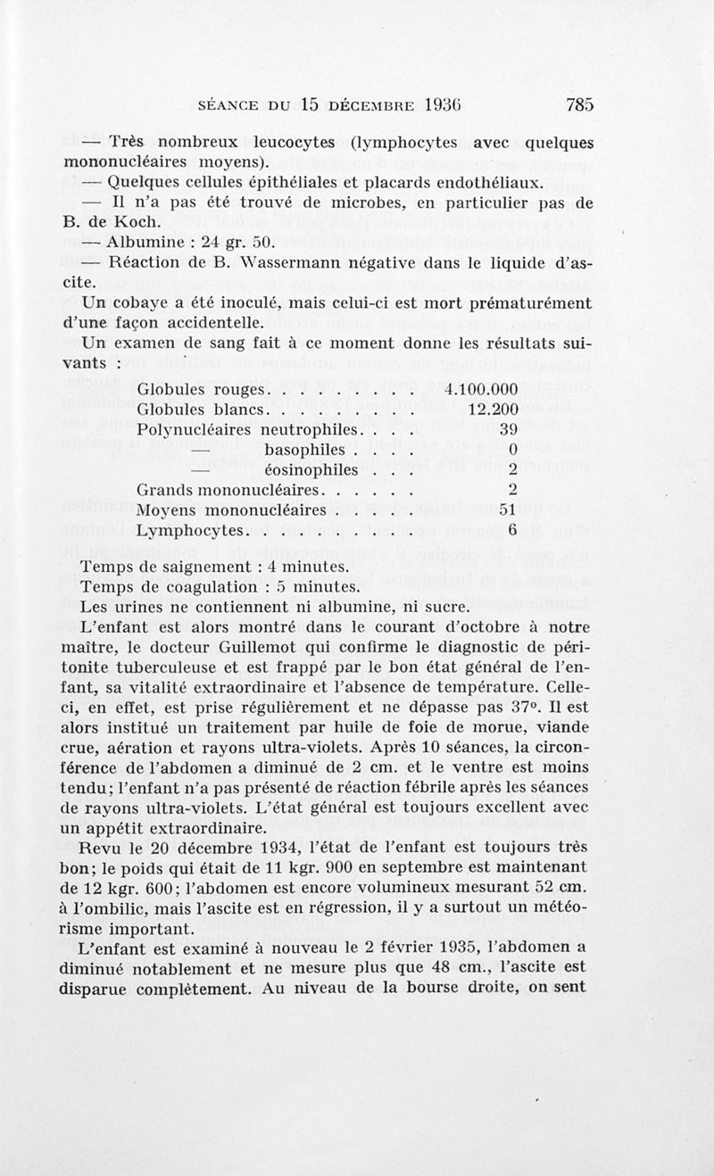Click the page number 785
click(579, 104)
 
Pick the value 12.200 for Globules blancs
click(494, 410)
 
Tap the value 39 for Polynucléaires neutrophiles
click(509, 430)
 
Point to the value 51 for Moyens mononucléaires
click(509, 509)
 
